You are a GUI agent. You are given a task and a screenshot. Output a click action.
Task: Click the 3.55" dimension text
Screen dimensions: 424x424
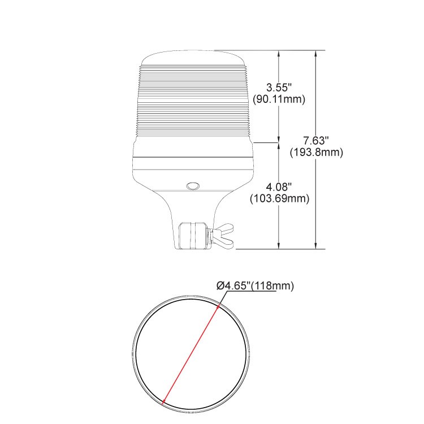pos(279,88)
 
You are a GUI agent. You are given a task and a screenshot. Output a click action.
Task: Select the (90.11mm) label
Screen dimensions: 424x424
pos(279,99)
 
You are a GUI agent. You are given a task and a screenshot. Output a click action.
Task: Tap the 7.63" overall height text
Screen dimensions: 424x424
pos(316,141)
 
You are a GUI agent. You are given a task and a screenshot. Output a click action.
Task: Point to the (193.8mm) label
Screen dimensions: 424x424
pos(317,152)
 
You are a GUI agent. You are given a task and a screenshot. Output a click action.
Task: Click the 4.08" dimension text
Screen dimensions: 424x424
pos(279,187)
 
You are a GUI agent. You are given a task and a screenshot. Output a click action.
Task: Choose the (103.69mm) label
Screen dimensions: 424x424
pos(279,198)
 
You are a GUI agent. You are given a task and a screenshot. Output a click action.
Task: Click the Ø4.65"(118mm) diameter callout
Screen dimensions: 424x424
pos(255,285)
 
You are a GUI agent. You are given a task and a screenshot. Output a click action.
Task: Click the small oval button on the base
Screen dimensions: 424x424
pos(193,186)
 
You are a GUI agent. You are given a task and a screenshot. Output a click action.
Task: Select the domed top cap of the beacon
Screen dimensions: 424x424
pos(193,58)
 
